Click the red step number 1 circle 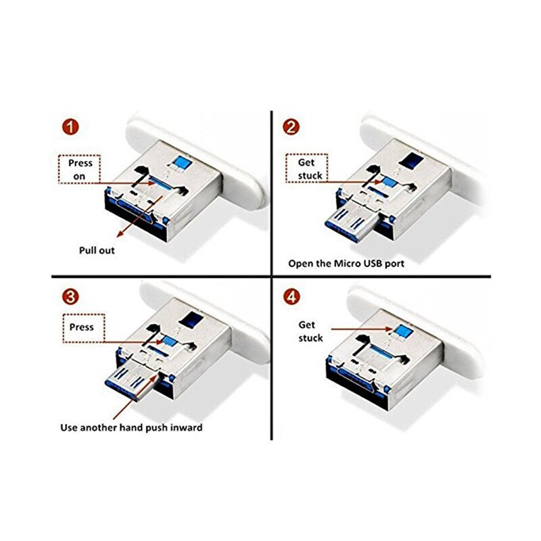click(x=71, y=127)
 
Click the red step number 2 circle click(x=291, y=127)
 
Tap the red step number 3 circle click(x=71, y=297)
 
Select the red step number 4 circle click(x=291, y=297)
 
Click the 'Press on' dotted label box click(x=79, y=169)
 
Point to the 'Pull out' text click(x=97, y=250)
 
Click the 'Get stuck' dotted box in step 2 click(x=306, y=168)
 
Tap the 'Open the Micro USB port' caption click(x=346, y=264)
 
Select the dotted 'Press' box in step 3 click(x=83, y=328)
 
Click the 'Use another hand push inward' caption click(x=131, y=428)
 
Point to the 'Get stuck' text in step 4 click(x=310, y=331)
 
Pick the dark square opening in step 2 click(x=411, y=160)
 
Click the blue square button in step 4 click(x=404, y=331)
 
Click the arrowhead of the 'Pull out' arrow click(x=120, y=234)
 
